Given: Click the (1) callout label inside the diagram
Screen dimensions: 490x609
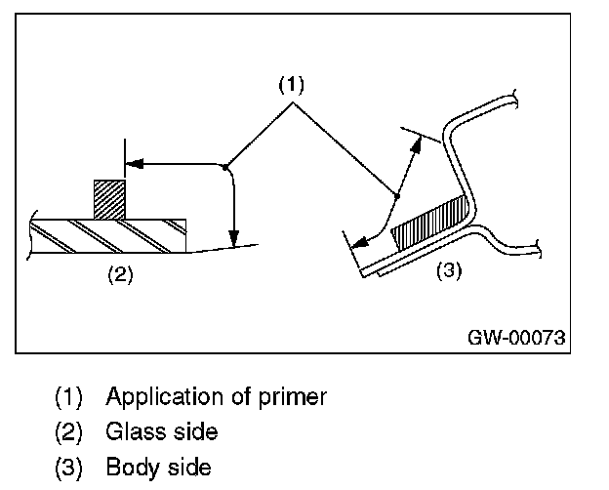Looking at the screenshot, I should click(x=291, y=85).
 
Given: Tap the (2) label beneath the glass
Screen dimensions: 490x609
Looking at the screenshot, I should click(x=119, y=273).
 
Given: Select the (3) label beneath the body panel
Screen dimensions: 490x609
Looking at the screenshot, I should click(x=446, y=270).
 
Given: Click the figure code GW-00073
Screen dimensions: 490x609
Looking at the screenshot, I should click(x=514, y=337).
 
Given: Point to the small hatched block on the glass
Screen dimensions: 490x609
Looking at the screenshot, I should click(x=109, y=198).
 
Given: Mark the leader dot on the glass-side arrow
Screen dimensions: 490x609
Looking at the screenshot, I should click(x=225, y=165).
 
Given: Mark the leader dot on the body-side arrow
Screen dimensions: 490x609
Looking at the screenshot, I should click(x=397, y=196).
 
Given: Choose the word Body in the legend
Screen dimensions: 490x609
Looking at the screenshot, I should click(x=130, y=467).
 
